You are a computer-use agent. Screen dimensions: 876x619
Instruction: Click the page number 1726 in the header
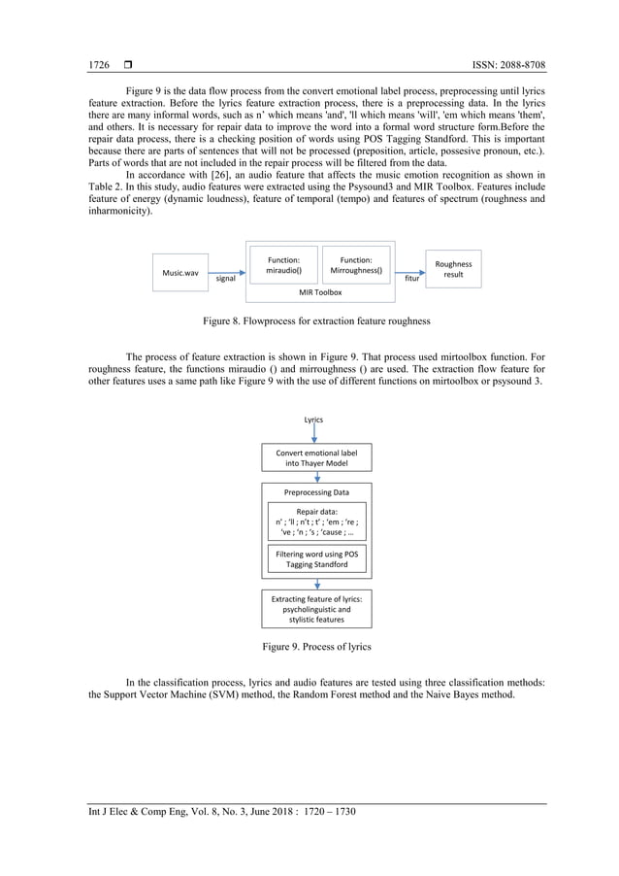coord(98,65)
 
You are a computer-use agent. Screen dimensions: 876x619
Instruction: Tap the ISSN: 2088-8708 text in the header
coord(505,65)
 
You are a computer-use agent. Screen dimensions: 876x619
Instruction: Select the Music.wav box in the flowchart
coord(179,273)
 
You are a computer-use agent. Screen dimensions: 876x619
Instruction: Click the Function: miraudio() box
coord(283,265)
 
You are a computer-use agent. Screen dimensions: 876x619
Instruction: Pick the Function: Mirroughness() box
coord(356,265)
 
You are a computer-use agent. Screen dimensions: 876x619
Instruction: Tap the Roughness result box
coord(453,269)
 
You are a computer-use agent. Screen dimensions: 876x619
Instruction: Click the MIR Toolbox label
coord(320,291)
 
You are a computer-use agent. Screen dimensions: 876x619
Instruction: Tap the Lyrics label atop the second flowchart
coord(313,420)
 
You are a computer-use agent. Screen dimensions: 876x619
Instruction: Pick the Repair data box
coord(317,521)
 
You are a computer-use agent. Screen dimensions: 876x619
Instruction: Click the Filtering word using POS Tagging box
coord(317,558)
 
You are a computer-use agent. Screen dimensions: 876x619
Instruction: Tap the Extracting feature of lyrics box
coord(317,610)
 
